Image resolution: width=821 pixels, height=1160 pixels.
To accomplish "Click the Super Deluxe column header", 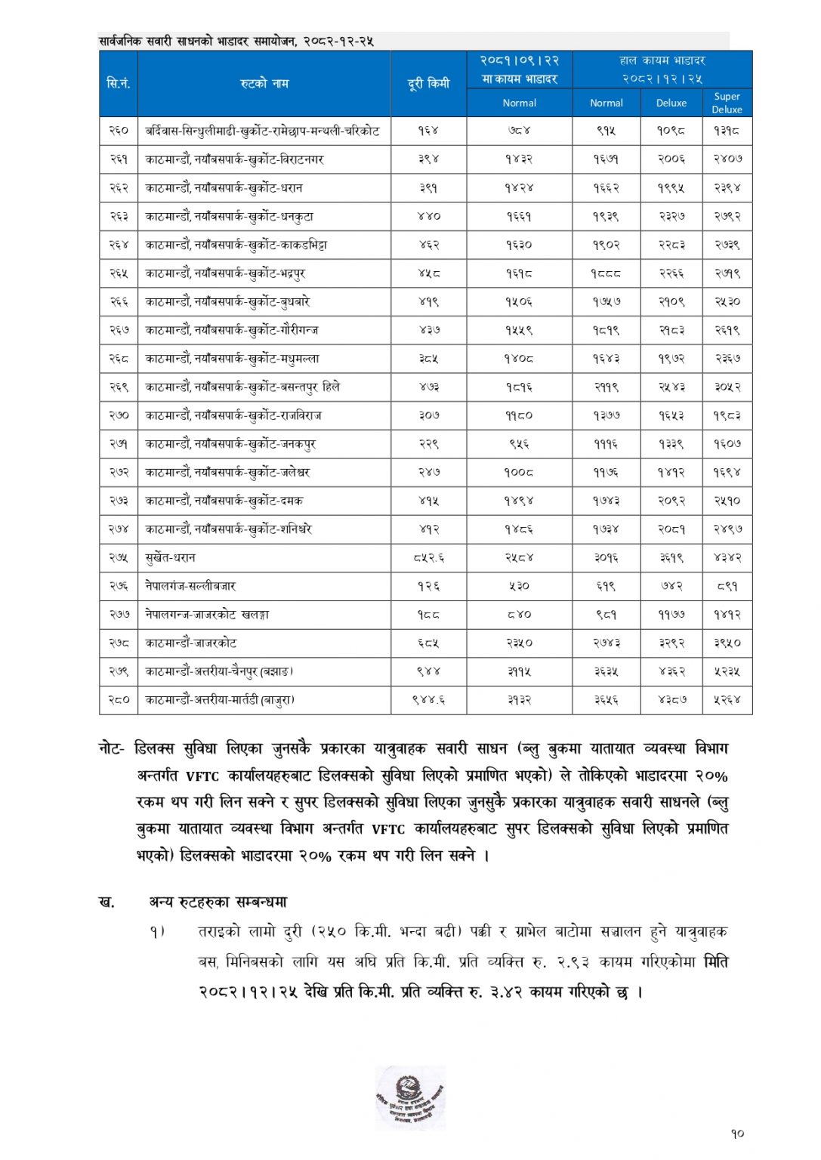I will coord(727,103).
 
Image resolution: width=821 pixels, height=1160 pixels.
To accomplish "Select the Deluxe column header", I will coord(671,103).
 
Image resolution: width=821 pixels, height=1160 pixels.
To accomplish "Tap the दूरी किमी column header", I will coord(428,83).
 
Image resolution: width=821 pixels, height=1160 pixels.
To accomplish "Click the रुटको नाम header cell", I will coord(264,83).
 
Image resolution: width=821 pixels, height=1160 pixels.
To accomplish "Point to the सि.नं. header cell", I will coord(119,83).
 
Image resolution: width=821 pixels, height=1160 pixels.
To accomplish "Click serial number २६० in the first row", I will coord(119,131).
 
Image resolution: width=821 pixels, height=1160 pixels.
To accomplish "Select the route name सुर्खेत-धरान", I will coord(171,558).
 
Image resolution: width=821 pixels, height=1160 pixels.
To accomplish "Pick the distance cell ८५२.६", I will coord(428,558).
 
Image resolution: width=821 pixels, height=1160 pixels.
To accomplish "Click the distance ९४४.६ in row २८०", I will coord(428,700).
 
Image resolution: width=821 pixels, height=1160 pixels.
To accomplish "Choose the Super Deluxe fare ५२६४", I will coord(727,700).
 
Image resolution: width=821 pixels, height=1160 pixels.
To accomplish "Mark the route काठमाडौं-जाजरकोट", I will coord(191,643).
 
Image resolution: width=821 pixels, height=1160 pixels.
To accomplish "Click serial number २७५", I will coord(119,558).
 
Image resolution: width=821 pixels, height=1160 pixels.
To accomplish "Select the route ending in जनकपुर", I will coord(230,444).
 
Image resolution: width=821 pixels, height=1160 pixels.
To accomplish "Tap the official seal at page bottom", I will coord(409,1097).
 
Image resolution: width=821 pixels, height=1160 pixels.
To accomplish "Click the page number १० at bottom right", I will coord(737,1134).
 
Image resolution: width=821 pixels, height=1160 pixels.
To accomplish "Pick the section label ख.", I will coord(106,902).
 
